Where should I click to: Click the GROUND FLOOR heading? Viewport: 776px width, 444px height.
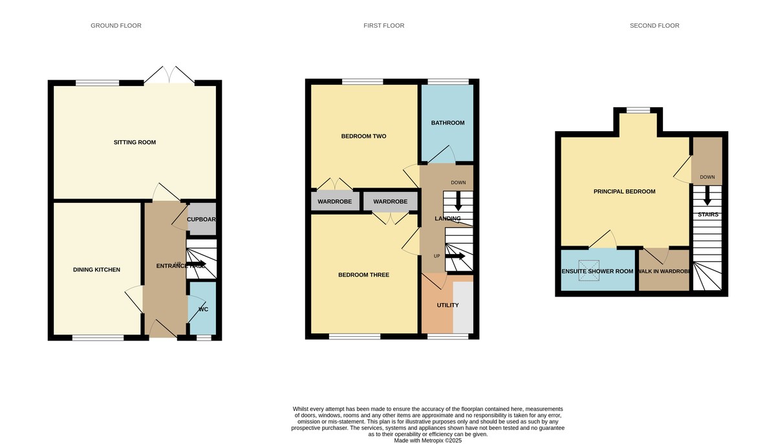[116, 26]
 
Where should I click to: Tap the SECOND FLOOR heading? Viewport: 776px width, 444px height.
[654, 26]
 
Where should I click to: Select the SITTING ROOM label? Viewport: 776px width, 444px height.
[135, 142]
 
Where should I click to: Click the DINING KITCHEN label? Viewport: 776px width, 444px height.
[96, 270]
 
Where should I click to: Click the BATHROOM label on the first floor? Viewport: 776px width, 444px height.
[447, 123]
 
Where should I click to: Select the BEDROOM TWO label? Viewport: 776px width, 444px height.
[363, 136]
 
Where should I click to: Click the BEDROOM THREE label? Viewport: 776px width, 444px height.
[363, 275]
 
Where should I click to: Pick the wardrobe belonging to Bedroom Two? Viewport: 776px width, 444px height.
[334, 202]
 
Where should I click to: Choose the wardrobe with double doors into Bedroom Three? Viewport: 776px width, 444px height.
[390, 202]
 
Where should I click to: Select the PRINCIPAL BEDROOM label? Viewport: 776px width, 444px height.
[624, 191]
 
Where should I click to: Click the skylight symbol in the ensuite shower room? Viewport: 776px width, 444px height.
[588, 271]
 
